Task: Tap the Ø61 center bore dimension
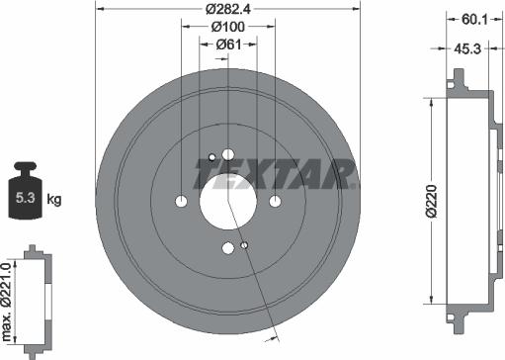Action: (228, 45)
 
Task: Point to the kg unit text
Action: (55, 200)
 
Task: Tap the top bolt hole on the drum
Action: (228, 154)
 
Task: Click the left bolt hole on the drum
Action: (181, 202)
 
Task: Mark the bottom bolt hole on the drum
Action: (228, 248)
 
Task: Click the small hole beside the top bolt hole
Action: (211, 156)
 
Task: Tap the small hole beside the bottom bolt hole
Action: (245, 244)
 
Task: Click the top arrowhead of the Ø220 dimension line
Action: (432, 99)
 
